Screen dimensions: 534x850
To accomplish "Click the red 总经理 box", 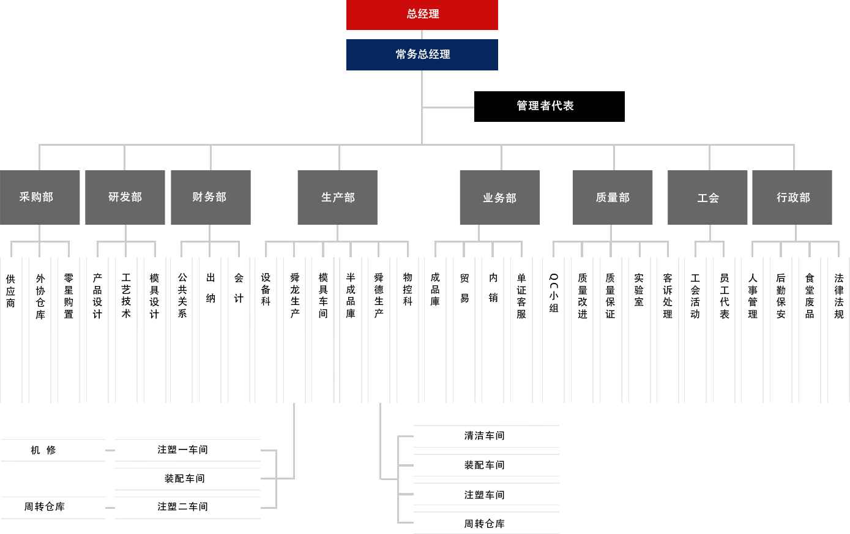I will [422, 15].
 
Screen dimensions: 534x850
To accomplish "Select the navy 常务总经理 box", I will [422, 55].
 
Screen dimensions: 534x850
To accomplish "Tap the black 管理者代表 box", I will [549, 107].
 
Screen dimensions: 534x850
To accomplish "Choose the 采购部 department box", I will [40, 197].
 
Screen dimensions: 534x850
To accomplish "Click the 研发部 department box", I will [125, 197].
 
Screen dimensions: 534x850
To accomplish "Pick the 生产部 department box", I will [337, 197].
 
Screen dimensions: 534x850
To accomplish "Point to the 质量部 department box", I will [612, 197].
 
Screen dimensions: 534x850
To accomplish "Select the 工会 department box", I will [707, 197].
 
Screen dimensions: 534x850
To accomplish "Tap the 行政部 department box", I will [792, 197].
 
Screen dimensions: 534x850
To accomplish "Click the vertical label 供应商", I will [11, 291].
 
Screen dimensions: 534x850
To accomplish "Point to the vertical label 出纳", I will [211, 288].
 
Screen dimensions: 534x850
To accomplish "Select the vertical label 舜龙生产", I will [294, 295].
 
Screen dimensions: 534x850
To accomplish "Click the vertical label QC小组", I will [554, 293].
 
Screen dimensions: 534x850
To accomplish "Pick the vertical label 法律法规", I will [838, 296].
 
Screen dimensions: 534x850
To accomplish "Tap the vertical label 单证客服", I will [521, 296].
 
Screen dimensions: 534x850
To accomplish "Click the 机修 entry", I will [43, 450].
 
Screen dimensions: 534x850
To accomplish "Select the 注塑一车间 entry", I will [182, 450].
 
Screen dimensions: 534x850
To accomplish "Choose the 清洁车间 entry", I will [484, 436].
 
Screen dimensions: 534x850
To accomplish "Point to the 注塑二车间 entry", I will [182, 507].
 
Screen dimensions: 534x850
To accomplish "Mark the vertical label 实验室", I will [639, 290].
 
